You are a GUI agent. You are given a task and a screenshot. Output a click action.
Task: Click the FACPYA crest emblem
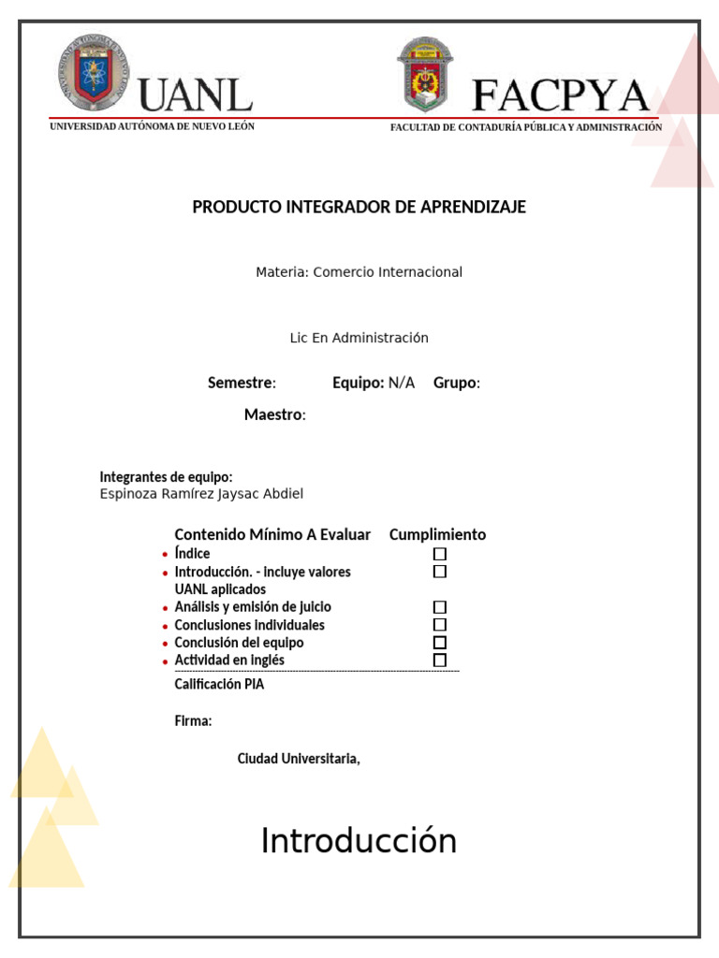(425, 75)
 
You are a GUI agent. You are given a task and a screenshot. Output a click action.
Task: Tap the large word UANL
(196, 95)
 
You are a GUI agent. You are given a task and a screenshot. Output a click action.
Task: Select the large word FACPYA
(560, 95)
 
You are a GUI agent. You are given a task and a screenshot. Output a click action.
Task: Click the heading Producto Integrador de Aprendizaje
(359, 207)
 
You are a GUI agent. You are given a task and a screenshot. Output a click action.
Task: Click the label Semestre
(241, 383)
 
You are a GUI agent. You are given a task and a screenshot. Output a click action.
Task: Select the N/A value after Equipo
(402, 383)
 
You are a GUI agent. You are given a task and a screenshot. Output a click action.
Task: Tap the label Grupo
(455, 383)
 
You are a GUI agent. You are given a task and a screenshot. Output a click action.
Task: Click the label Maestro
(273, 414)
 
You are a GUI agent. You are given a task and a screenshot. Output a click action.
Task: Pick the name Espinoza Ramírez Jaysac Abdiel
(201, 494)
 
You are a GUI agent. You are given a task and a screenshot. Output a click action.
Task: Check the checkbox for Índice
(440, 554)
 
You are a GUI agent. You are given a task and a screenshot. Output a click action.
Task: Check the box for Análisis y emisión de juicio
(440, 607)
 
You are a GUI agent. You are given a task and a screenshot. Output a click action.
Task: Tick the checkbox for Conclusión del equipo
(440, 643)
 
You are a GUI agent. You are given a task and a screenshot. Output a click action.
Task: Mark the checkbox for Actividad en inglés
(440, 660)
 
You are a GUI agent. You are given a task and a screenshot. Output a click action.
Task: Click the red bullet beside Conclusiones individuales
(165, 626)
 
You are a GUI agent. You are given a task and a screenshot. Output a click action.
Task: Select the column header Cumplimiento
(437, 535)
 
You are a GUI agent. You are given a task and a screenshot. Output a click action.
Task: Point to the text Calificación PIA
(219, 684)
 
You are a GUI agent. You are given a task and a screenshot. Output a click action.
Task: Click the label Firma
(192, 720)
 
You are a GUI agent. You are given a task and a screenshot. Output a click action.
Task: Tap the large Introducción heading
(359, 841)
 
